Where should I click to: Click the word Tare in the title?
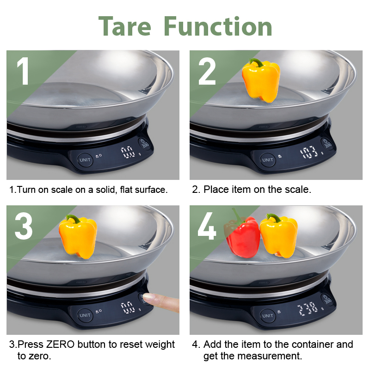tap(124, 26)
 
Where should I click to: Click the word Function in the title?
tap(218, 26)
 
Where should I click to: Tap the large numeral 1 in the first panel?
tap(23, 71)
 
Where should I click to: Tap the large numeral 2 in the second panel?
tap(207, 71)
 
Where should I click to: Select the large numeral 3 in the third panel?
tap(24, 226)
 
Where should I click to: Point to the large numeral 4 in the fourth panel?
tap(207, 226)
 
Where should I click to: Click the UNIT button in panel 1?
tap(85, 160)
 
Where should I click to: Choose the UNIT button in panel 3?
tap(85, 315)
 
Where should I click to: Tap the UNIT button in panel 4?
tap(268, 315)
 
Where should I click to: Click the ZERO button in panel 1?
tap(144, 144)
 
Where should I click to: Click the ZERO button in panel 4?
tap(327, 299)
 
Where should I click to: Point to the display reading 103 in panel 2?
tap(309, 152)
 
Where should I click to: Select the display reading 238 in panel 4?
tap(308, 308)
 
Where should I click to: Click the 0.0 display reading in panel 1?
tap(128, 152)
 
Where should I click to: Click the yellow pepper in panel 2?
tap(261, 80)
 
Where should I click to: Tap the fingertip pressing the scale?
tap(151, 298)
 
